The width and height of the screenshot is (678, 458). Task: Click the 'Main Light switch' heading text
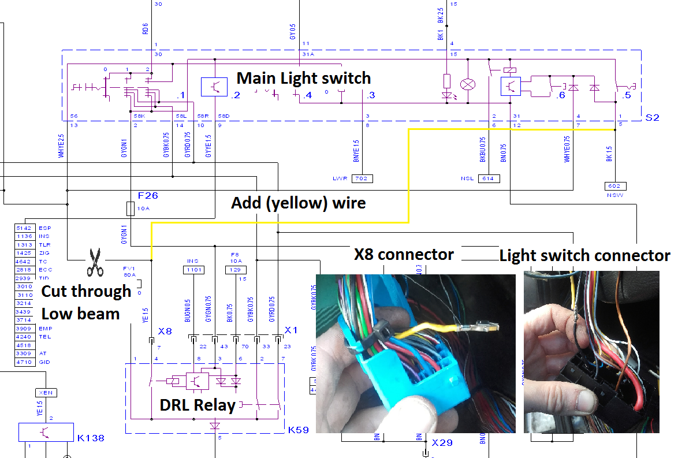[x=304, y=78]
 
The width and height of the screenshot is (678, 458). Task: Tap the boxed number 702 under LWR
[x=362, y=178]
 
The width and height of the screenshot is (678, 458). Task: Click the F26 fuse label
[x=147, y=196]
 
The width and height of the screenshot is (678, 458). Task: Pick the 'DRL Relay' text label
[x=198, y=405]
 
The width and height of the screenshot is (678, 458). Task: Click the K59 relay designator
[x=299, y=430]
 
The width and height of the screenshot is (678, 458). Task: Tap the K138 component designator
[x=91, y=438]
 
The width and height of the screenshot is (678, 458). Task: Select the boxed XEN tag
[x=47, y=392]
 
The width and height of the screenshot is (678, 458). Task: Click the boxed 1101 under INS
[x=193, y=270]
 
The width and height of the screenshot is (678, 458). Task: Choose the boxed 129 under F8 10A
[x=234, y=270]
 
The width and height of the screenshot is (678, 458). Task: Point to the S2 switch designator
[x=652, y=117]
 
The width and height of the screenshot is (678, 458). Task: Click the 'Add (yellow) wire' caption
[x=298, y=203]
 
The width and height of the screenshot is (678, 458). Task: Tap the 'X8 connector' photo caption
[x=404, y=255]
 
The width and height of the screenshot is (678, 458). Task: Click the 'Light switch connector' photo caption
[x=584, y=255]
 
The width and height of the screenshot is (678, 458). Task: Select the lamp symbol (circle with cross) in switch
[x=467, y=85]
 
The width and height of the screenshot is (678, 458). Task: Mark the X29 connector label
[x=442, y=442]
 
